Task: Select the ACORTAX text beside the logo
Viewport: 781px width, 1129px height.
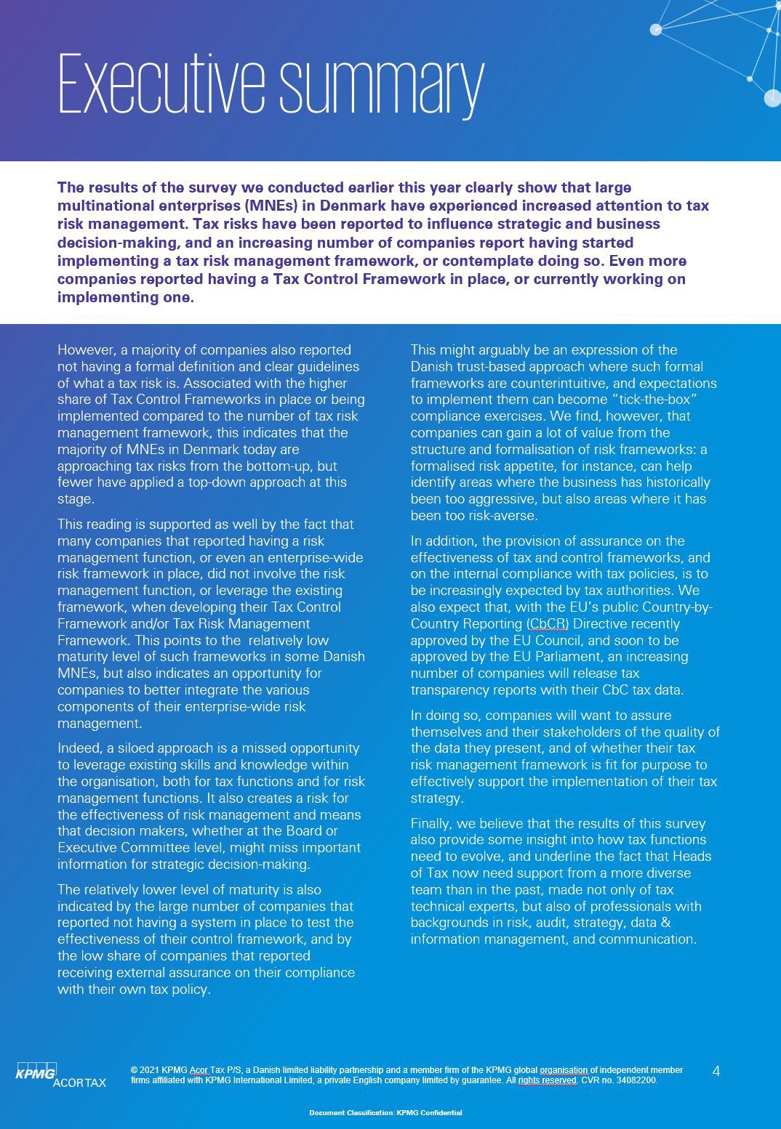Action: (79, 1083)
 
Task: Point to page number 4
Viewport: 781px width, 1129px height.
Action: (716, 1071)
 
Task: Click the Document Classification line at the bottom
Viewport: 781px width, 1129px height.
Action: (385, 1112)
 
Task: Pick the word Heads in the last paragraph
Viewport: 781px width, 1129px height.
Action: (692, 857)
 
